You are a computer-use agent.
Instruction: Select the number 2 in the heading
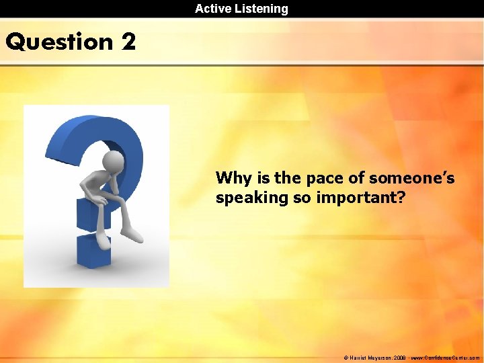[x=128, y=42]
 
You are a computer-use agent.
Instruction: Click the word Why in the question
[x=233, y=178]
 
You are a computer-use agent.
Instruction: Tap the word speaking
[x=246, y=199]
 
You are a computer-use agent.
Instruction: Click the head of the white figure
[x=115, y=161]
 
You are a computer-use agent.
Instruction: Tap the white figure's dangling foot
[x=134, y=236]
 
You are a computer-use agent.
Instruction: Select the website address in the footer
[x=447, y=358]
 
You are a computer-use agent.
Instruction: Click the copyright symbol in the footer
[x=345, y=358]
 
